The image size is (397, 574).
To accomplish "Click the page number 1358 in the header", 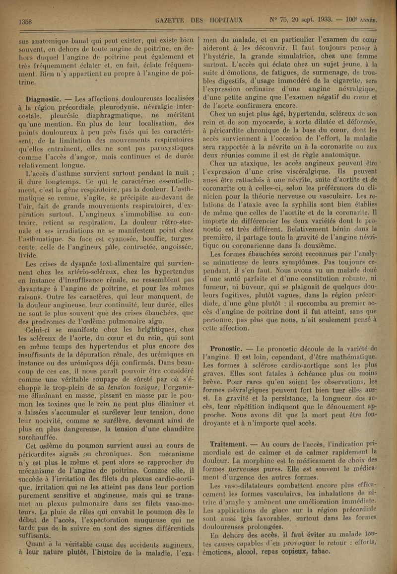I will (25, 21).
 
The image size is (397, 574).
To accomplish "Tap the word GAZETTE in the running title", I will (172, 20).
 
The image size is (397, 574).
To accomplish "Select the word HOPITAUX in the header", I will (226, 20).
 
